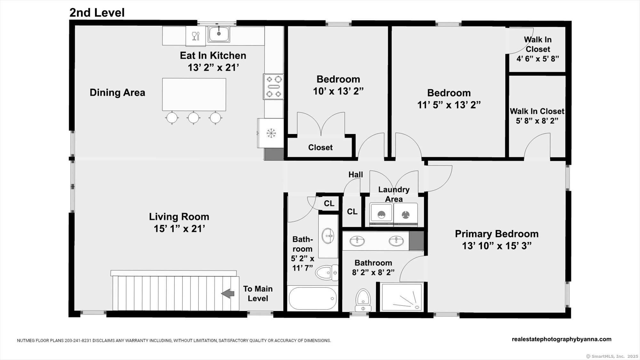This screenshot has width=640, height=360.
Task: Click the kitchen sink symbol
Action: click(x=219, y=34)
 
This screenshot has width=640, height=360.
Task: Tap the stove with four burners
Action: click(x=274, y=86)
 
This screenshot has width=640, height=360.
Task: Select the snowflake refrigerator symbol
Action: click(x=271, y=133)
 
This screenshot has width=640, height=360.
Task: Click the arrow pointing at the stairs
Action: click(x=228, y=293)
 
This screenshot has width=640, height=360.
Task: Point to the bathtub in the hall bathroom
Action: click(x=313, y=298)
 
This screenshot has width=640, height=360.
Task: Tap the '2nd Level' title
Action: click(x=97, y=13)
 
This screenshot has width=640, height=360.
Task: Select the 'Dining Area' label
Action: click(x=117, y=92)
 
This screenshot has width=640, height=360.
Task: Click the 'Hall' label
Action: click(x=356, y=174)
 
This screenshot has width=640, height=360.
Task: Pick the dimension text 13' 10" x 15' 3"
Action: click(x=497, y=246)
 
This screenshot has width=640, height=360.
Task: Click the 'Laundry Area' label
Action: click(x=394, y=194)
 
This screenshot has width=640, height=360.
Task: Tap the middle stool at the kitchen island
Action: click(x=193, y=118)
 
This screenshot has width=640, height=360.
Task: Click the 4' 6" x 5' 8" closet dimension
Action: click(x=538, y=59)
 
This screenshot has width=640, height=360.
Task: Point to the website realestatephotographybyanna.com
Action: click(x=562, y=339)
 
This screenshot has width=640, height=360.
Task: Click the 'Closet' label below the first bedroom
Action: click(x=320, y=148)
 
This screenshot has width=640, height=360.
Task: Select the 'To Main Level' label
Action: click(x=258, y=293)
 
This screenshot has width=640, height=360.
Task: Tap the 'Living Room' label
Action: click(x=179, y=217)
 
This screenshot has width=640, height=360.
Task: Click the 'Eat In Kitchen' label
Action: click(x=213, y=55)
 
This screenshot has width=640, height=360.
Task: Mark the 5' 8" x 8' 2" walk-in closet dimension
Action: click(x=537, y=121)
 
